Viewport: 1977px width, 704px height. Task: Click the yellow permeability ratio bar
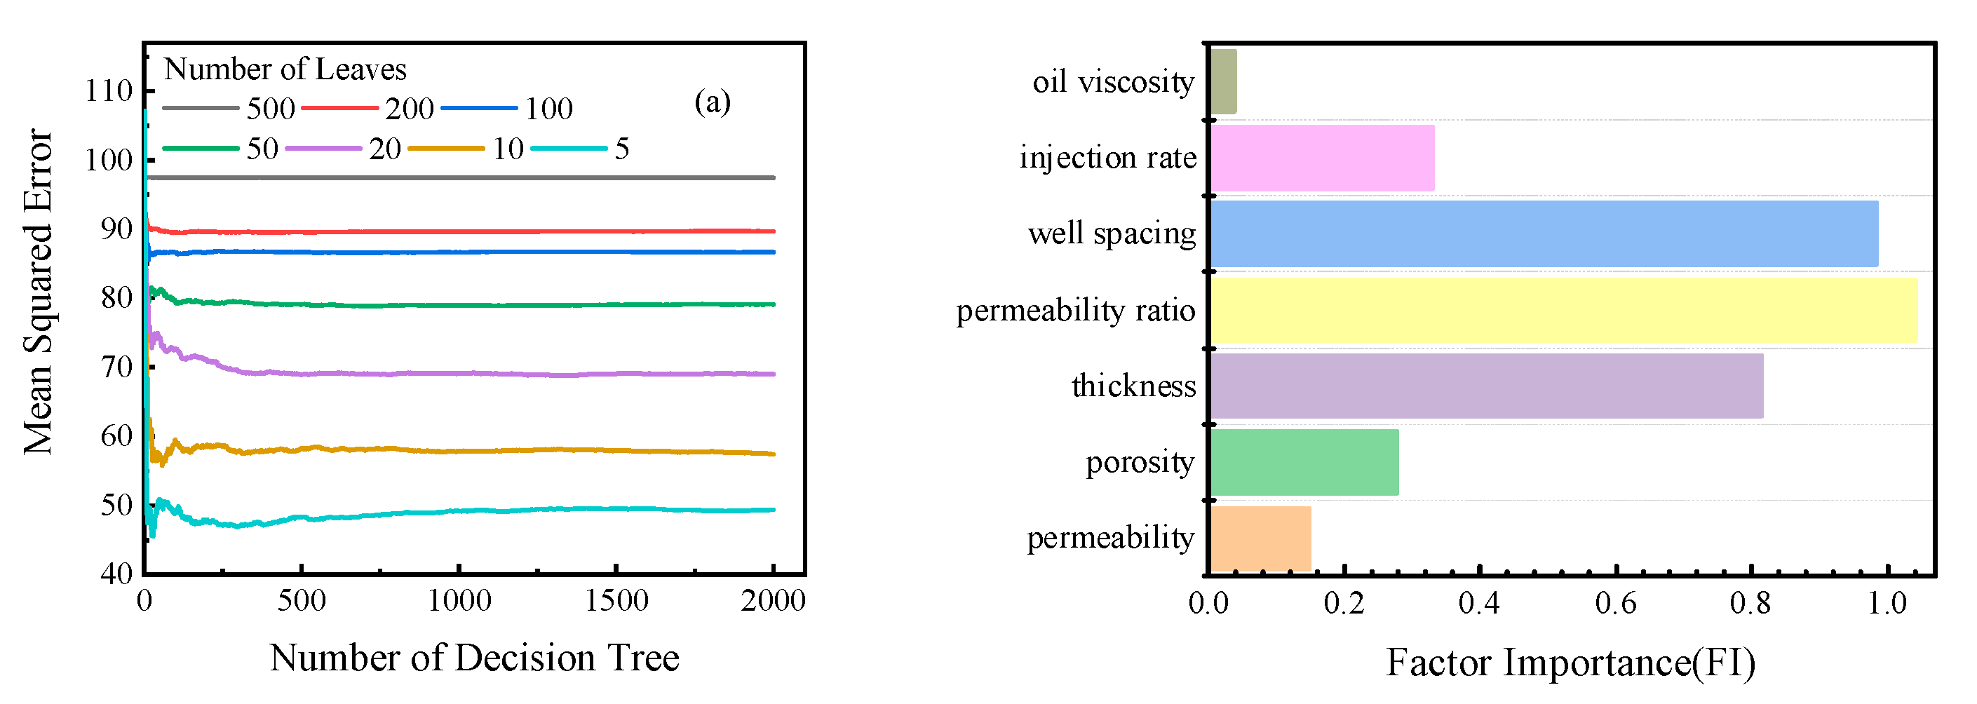(x=1563, y=310)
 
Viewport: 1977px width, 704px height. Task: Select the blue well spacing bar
(x=1544, y=233)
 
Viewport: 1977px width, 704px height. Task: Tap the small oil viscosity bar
(x=1223, y=81)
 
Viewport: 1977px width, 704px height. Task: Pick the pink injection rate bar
(x=1321, y=157)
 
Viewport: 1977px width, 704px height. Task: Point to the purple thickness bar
(x=1486, y=386)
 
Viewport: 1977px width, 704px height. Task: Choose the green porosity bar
(x=1304, y=462)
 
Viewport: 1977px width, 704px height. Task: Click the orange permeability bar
(x=1260, y=539)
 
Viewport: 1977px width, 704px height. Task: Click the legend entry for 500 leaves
(x=229, y=108)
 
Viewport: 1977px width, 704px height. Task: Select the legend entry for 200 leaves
(x=368, y=108)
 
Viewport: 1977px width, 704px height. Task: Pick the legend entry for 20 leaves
(x=344, y=148)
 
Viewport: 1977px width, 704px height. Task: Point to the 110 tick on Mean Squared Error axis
(x=109, y=90)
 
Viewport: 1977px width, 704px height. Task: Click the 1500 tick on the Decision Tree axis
(x=616, y=600)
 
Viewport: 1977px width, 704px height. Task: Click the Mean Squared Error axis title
(x=38, y=292)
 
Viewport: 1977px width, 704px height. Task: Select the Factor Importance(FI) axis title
(x=1570, y=662)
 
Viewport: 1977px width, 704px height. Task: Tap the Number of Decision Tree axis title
(x=474, y=658)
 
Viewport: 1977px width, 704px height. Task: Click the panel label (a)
(x=713, y=102)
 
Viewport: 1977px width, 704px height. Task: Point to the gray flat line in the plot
(x=461, y=177)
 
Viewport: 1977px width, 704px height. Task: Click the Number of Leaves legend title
(x=285, y=69)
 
